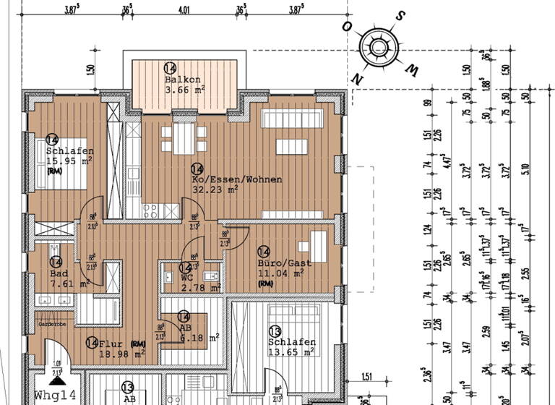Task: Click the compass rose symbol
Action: [x=379, y=48]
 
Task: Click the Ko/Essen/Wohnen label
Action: [x=236, y=179]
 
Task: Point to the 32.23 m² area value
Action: [x=215, y=190]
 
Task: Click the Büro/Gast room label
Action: [x=285, y=263]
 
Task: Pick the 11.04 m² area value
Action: [x=282, y=273]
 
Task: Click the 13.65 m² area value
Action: [x=291, y=352]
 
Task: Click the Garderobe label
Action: [x=53, y=325]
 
